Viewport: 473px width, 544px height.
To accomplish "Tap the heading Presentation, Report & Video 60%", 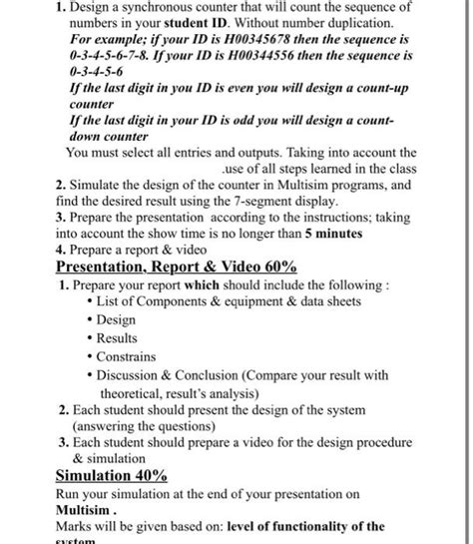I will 176,267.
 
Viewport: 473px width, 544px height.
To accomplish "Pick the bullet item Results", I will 117,338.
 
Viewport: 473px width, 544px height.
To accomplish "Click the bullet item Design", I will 116,320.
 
